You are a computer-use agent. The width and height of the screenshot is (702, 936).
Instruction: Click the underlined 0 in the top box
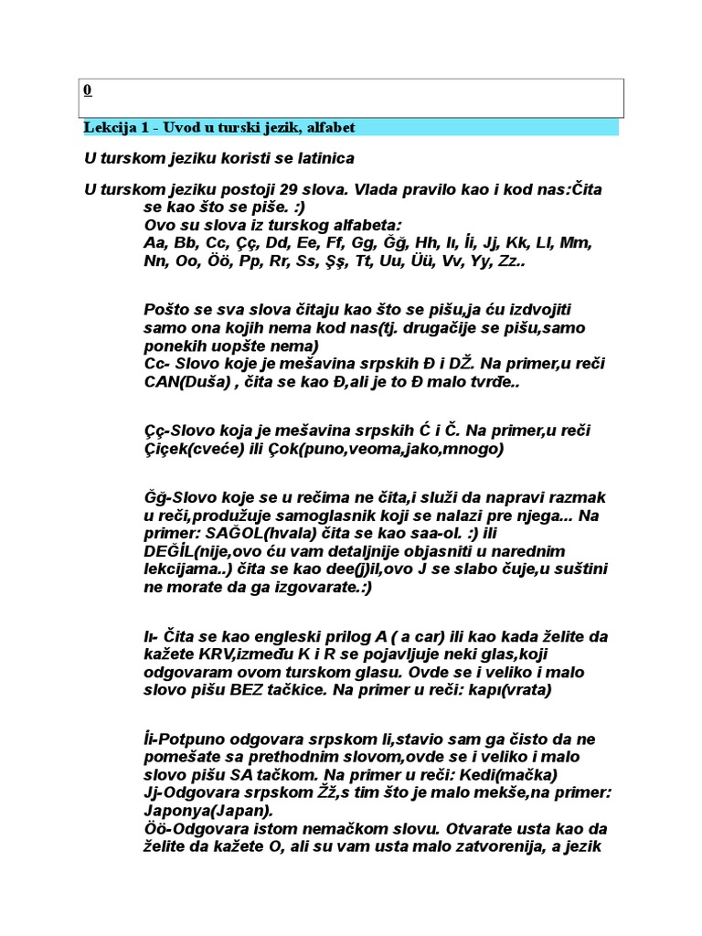(x=87, y=90)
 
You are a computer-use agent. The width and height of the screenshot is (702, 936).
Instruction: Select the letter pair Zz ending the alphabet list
(x=506, y=261)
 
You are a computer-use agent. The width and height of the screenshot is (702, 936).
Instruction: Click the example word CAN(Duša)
(x=188, y=381)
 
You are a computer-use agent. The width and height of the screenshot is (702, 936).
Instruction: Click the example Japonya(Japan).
(x=207, y=812)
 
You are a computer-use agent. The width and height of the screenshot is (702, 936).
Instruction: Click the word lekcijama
(x=182, y=570)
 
